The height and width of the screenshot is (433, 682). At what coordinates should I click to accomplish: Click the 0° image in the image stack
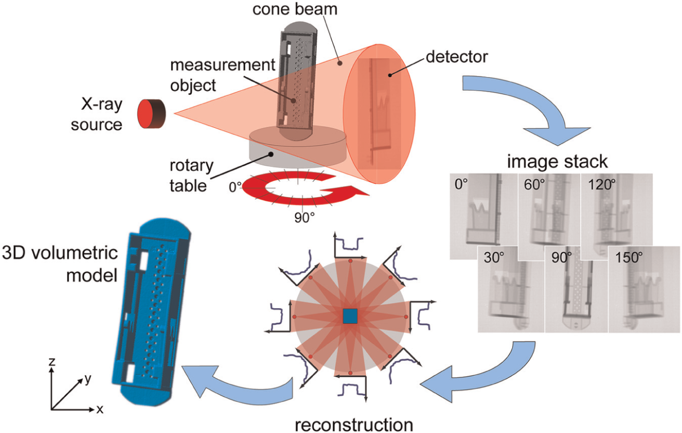[478, 213]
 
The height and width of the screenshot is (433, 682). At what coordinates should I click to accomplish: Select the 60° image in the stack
[548, 213]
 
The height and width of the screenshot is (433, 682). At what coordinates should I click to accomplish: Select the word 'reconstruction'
[354, 423]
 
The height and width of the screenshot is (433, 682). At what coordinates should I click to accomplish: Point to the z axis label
[51, 361]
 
